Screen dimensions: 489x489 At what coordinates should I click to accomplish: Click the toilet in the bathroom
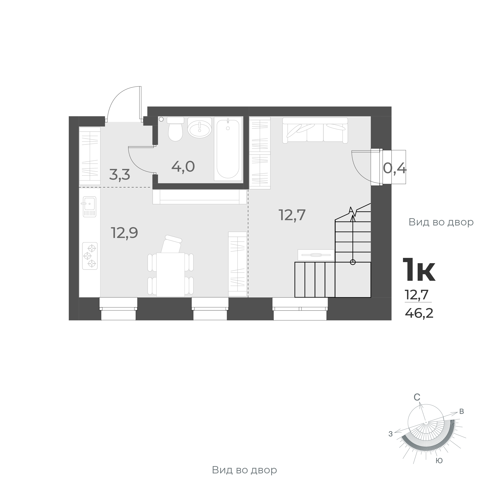coord(175,131)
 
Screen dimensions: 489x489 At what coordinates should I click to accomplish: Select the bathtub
coord(228,149)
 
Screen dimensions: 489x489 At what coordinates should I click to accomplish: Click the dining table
coord(170,274)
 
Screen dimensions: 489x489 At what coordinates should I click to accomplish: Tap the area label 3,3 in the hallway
coord(119,175)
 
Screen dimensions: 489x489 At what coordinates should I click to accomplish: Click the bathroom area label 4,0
coord(183,167)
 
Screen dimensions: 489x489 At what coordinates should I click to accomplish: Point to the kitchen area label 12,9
coord(124,233)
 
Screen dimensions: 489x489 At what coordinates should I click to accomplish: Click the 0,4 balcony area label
coord(395,168)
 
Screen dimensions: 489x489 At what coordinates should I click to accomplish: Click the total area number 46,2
coord(419,314)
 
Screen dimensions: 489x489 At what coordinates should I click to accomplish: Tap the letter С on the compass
coord(417,405)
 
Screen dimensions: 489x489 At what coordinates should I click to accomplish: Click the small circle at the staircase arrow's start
coord(353,262)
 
